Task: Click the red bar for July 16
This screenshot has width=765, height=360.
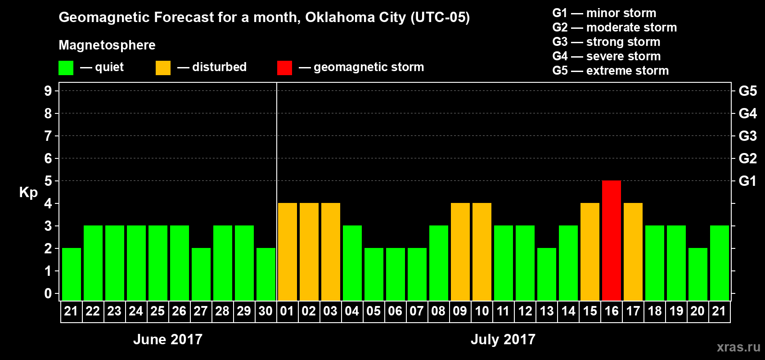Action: pyautogui.click(x=612, y=240)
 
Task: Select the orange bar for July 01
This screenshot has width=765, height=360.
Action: pyautogui.click(x=288, y=252)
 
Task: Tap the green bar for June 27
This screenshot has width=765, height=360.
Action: pyautogui.click(x=201, y=274)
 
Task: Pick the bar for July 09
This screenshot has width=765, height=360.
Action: pyautogui.click(x=460, y=252)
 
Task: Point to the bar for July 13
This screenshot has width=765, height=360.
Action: pyautogui.click(x=547, y=274)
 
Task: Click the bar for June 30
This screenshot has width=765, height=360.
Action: pyautogui.click(x=266, y=274)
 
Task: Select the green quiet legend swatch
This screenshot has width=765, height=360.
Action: pyautogui.click(x=66, y=68)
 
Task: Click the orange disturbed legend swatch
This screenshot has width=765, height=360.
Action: pyautogui.click(x=163, y=68)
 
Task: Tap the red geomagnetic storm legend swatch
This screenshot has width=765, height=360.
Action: pyautogui.click(x=284, y=68)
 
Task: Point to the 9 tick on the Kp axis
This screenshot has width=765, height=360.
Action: pyautogui.click(x=48, y=91)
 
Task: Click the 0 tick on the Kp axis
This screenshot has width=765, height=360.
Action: pyautogui.click(x=48, y=293)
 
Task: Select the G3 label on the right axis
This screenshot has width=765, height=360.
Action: pyautogui.click(x=747, y=136)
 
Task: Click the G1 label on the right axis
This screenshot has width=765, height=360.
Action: pyautogui.click(x=747, y=181)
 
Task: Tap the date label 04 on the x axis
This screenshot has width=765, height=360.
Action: pyautogui.click(x=352, y=311)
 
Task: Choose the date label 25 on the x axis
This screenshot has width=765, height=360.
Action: pyautogui.click(x=157, y=311)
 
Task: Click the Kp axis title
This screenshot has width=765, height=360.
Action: pyautogui.click(x=28, y=192)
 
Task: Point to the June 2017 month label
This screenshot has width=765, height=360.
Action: pyautogui.click(x=168, y=339)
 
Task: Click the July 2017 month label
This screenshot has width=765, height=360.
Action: pyautogui.click(x=503, y=339)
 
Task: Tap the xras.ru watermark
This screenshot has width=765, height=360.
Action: pyautogui.click(x=738, y=346)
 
